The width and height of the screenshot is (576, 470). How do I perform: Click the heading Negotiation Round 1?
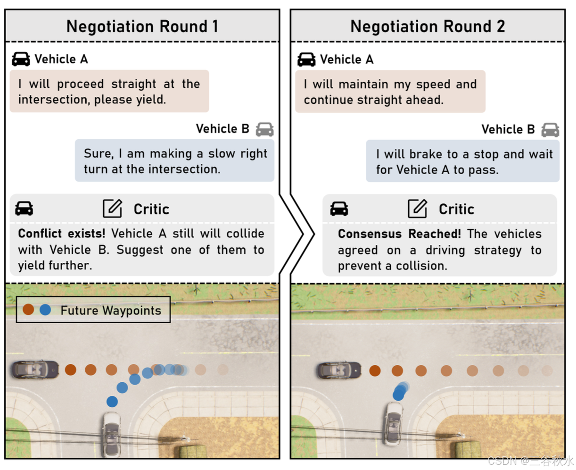click(x=142, y=26)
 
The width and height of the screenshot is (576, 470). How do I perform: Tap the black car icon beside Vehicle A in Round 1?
click(x=21, y=59)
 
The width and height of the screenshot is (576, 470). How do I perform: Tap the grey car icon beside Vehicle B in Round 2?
click(x=550, y=130)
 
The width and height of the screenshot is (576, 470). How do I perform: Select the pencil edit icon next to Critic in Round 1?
click(x=112, y=209)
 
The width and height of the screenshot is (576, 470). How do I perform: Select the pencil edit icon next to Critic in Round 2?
click(x=417, y=209)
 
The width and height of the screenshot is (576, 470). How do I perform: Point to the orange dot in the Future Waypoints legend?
click(x=28, y=310)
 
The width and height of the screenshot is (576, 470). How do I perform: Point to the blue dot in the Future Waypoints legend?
click(x=45, y=310)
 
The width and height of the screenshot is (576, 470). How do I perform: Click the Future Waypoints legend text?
click(x=111, y=311)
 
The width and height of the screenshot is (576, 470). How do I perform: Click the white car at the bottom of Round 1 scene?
click(x=111, y=433)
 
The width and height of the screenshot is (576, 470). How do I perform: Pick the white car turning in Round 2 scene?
click(x=393, y=423)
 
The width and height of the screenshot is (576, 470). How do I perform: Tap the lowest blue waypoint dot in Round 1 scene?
click(x=112, y=402)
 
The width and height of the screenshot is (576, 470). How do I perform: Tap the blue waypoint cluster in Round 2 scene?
click(x=400, y=391)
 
